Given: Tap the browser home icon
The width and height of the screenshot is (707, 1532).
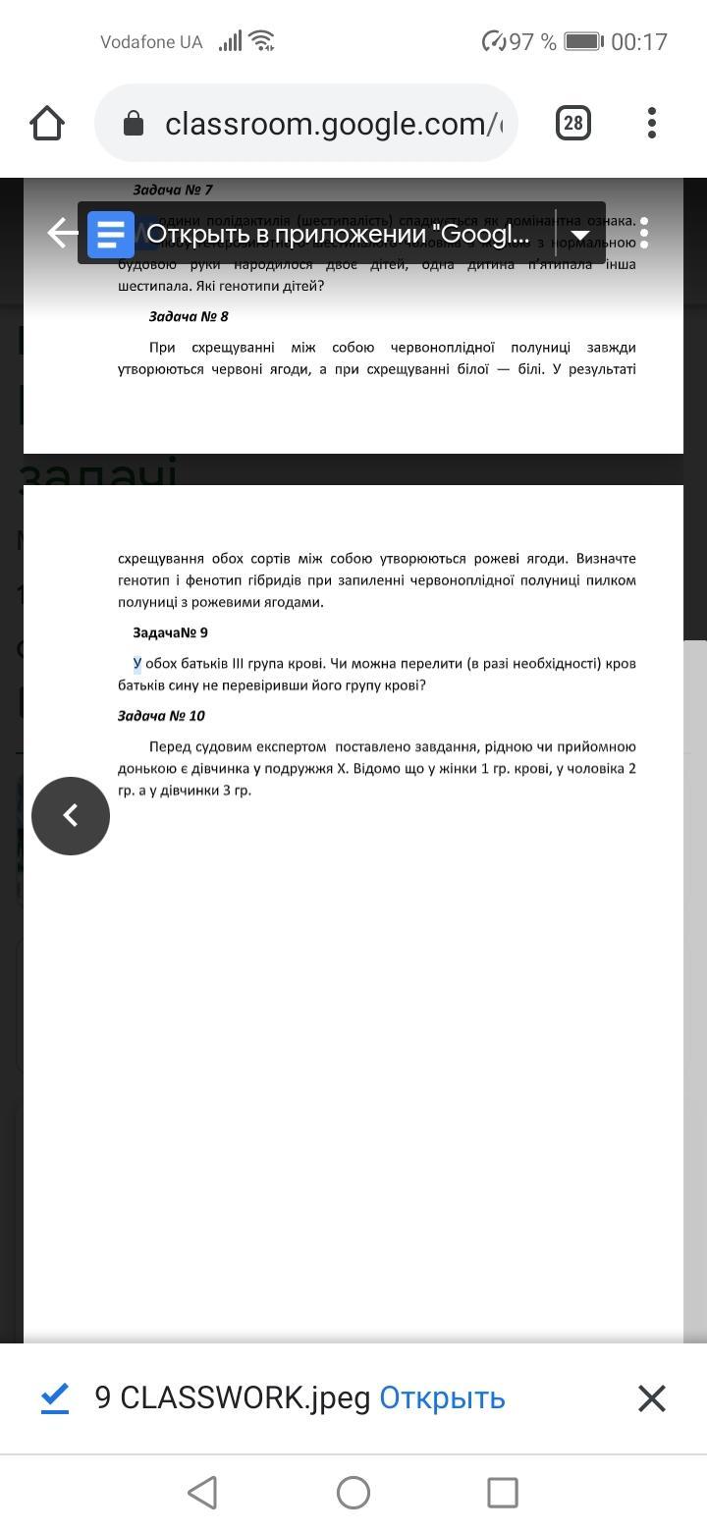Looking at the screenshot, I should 47,124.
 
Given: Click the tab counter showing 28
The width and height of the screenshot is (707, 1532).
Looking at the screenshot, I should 573,124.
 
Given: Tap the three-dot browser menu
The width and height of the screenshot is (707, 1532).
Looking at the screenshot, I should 652,124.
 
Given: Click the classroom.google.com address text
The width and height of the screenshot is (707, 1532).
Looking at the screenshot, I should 334,124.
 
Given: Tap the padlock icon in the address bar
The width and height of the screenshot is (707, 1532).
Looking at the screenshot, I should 134,124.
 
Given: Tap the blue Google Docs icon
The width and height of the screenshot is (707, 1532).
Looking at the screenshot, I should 111,235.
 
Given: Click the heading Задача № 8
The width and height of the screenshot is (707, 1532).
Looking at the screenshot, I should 189,316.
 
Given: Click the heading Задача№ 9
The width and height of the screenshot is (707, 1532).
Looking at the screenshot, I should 170,632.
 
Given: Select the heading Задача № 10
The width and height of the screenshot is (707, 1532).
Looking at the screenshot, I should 161,716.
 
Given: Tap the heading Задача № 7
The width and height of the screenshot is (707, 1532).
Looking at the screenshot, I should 173,190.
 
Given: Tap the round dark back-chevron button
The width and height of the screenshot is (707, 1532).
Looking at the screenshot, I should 71,815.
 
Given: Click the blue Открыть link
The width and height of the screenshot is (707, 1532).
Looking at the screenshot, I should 442,1397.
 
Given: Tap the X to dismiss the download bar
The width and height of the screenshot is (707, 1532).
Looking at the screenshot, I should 652,1397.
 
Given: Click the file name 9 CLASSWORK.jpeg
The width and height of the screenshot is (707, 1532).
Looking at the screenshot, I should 232,1397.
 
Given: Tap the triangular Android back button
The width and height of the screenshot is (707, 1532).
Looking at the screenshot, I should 202,1493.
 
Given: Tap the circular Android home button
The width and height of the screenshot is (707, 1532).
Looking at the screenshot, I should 353,1493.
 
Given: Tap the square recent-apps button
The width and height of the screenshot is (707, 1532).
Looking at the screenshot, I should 503,1493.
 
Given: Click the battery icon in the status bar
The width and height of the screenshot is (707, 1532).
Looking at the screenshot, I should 582,41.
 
